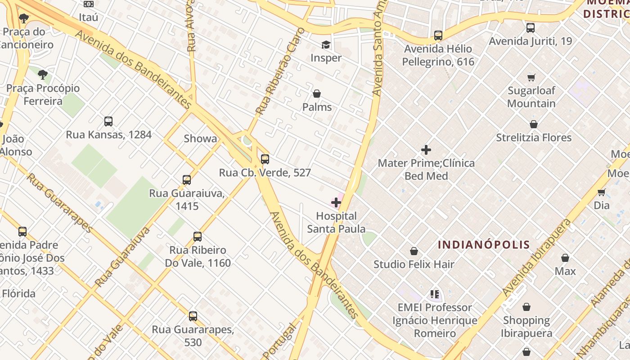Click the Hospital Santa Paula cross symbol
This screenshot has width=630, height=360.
click(336, 202)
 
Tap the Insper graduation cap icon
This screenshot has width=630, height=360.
click(326, 45)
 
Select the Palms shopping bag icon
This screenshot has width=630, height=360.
click(317, 94)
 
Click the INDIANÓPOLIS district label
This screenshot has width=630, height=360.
click(484, 245)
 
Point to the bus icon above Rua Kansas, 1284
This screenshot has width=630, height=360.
click(108, 121)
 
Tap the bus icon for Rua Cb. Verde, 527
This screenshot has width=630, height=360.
click(265, 159)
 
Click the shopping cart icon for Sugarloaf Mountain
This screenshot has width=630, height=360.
click(531, 77)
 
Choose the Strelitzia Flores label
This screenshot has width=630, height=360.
click(533, 138)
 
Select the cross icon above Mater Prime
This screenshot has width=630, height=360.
click(426, 150)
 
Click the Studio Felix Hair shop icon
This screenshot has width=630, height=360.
click(414, 251)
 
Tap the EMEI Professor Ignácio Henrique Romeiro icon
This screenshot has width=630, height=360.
click(435, 294)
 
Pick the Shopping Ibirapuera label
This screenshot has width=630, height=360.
click(526, 327)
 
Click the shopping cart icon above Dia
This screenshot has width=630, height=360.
click(601, 193)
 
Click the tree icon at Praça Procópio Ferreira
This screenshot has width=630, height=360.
click(43, 75)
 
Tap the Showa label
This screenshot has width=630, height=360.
click(200, 139)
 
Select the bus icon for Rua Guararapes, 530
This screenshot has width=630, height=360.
click(193, 316)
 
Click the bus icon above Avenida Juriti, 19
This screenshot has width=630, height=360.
click(531, 28)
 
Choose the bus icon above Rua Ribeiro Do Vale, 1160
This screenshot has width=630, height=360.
click(198, 236)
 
